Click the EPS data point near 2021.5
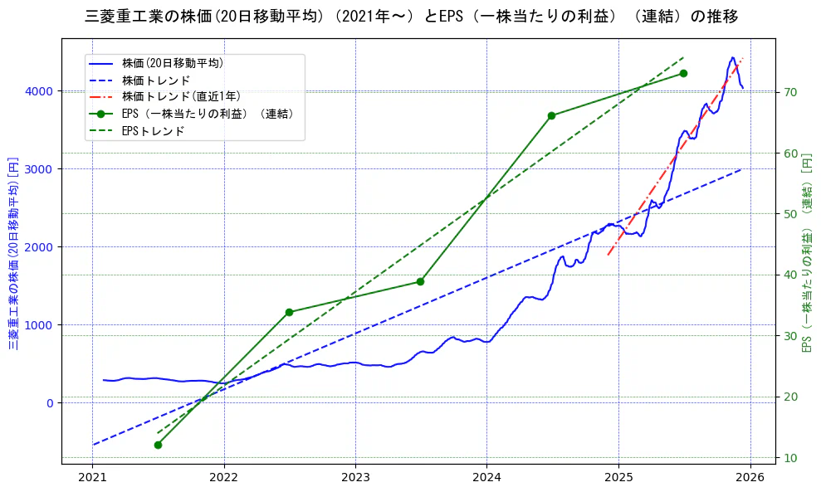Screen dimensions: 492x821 tap(158, 445)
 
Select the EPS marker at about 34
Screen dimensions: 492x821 tap(289, 312)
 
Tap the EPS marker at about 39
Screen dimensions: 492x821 tap(420, 281)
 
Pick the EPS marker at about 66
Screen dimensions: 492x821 tap(551, 115)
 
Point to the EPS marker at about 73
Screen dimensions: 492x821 tap(683, 73)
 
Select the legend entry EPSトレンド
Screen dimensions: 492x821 tap(153, 130)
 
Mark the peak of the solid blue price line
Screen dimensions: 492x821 tap(732, 57)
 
